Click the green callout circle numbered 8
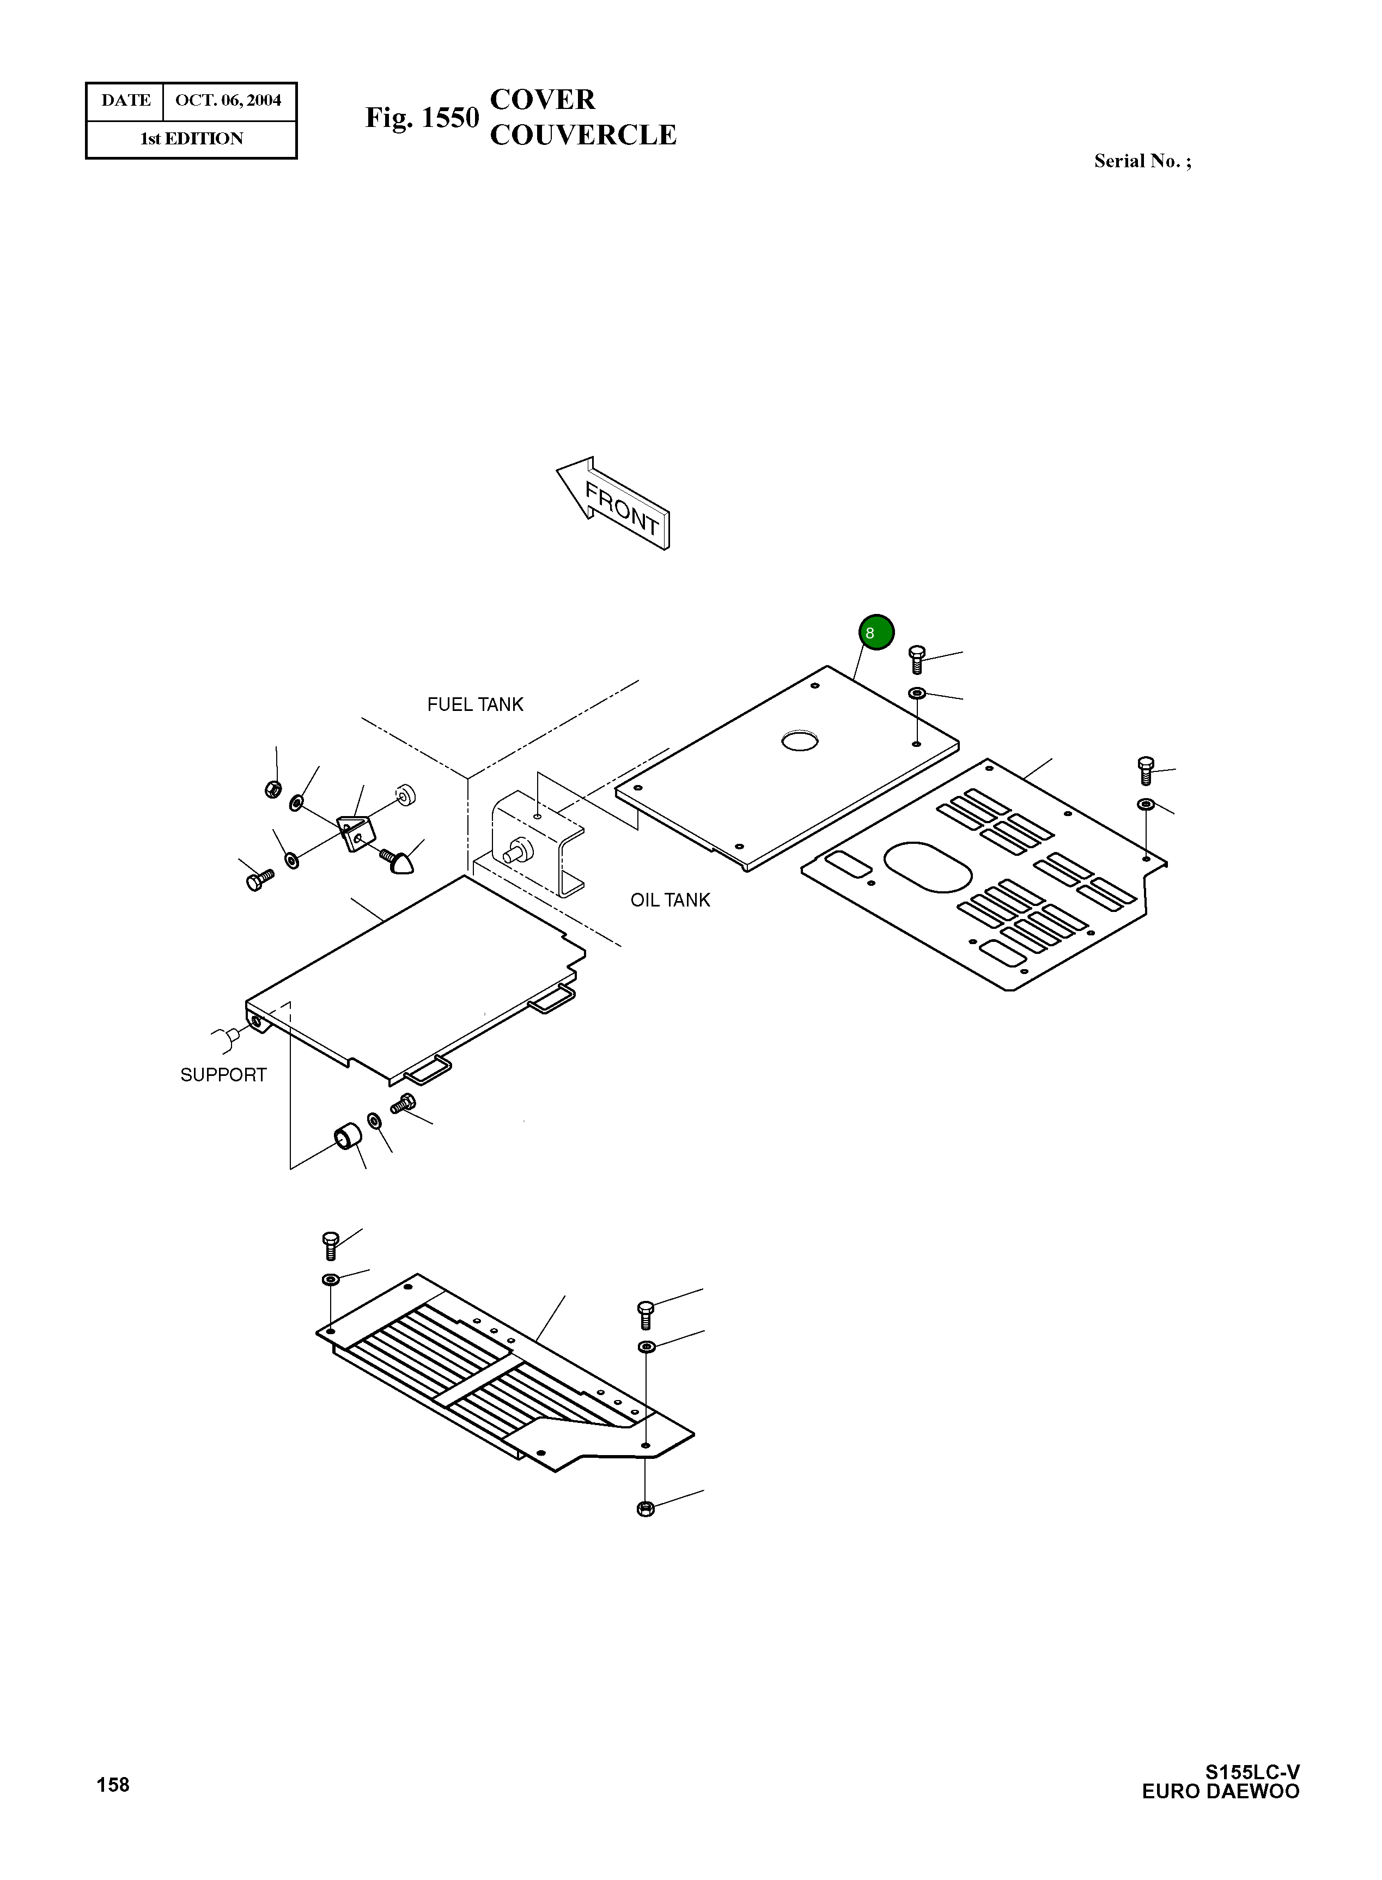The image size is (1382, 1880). [x=876, y=632]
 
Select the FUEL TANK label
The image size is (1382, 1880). [x=475, y=704]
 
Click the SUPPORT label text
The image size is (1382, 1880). [x=223, y=1075]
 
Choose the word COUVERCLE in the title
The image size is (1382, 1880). [x=582, y=136]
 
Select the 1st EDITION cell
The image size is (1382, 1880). [x=192, y=139]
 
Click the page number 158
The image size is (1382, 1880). [x=113, y=1785]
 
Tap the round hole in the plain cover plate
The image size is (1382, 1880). [x=799, y=740]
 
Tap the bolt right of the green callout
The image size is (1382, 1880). [x=916, y=659]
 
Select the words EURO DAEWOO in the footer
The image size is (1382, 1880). [x=1221, y=1791]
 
